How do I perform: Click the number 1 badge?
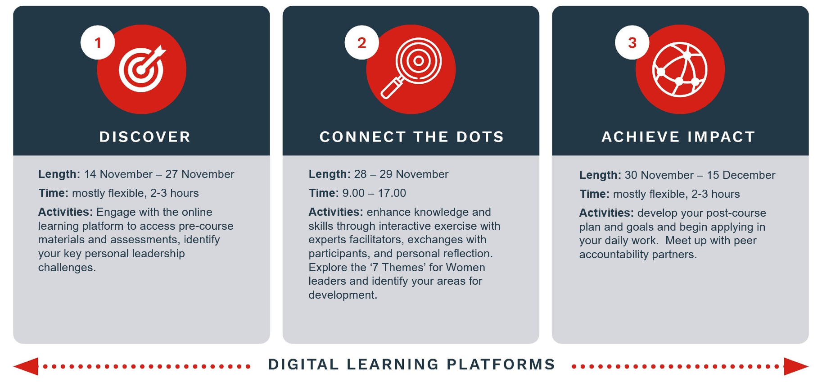pos(98,42)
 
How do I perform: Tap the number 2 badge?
pos(361,42)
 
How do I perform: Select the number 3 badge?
pos(632,42)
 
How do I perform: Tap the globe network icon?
pos(680,69)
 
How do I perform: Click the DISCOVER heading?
pos(145,136)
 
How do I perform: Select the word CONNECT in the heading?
pos(357,136)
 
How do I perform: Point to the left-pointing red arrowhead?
pos(26,366)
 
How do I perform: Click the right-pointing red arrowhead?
pos(796,366)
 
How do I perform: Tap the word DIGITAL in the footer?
pos(303,364)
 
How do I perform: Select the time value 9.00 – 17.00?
pos(374,193)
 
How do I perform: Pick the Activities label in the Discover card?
pos(65,212)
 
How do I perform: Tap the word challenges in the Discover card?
pos(67,268)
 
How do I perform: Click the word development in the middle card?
pos(343,295)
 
